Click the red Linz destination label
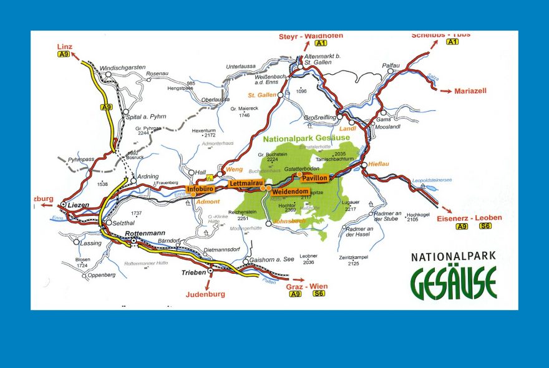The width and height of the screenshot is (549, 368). pos(64,46)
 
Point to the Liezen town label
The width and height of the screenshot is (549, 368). pos(79,205)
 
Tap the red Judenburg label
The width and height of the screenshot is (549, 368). pos(206,294)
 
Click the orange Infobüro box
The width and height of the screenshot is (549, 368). pos(201,188)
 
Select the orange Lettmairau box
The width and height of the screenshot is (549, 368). pos(244,183)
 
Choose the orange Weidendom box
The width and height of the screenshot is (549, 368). pos(291,191)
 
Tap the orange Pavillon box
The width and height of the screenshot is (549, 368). pos(314,178)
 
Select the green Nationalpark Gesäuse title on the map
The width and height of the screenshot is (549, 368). pos(306,138)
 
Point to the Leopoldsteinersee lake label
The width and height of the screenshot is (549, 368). pos(432,180)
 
